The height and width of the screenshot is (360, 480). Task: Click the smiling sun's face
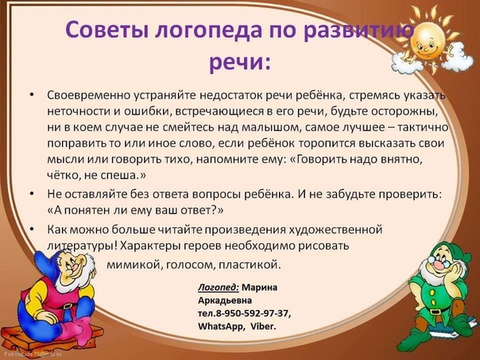427,40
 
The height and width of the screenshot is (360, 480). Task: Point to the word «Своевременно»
88,95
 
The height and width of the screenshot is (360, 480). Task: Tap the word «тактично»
423,127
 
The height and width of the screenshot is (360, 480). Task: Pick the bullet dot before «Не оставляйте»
32,194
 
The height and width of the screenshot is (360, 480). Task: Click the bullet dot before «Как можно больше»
32,229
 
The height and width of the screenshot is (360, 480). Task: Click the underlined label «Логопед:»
219,288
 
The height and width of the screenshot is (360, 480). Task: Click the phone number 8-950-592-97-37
252,313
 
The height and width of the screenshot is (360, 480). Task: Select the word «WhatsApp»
222,327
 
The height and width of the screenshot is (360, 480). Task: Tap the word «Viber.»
263,327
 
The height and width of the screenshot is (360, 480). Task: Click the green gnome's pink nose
439,265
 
